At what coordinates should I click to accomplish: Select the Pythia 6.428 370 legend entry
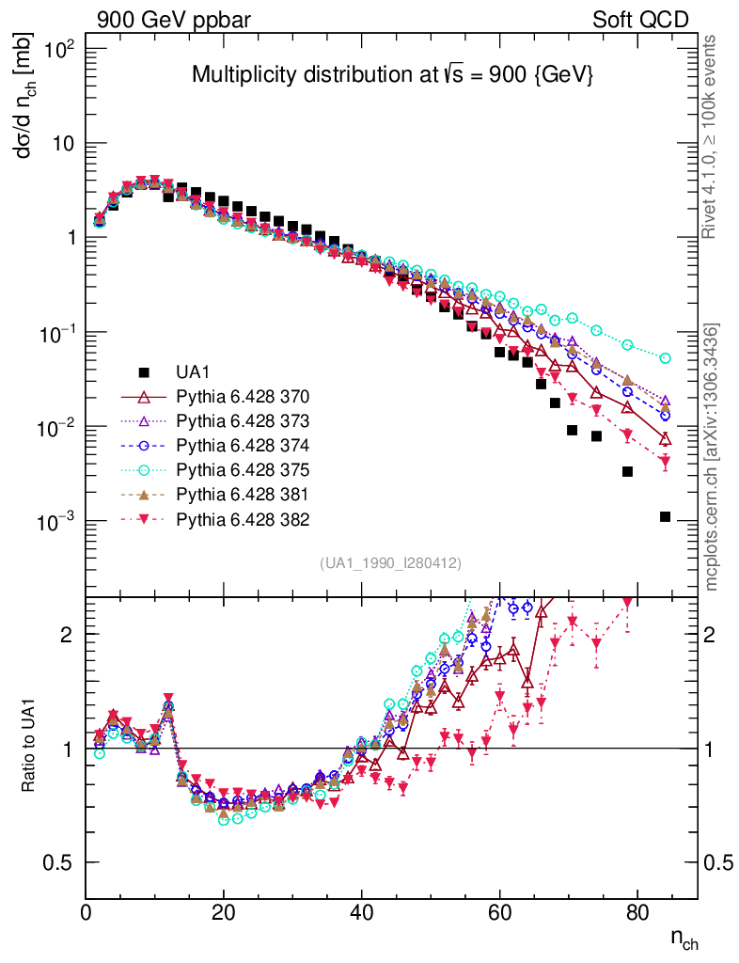[244, 396]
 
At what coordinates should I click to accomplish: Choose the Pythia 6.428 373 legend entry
[244, 420]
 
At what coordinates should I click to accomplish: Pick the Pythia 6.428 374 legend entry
[244, 445]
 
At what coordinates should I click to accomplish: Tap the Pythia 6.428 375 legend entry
[244, 469]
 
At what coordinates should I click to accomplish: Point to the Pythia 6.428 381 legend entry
[244, 494]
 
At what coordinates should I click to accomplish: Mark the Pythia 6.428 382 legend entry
[244, 518]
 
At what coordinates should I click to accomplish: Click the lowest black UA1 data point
[665, 516]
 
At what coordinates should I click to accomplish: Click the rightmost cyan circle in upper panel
[665, 358]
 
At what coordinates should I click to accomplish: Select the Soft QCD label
[640, 20]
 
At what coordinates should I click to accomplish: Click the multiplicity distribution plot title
[392, 75]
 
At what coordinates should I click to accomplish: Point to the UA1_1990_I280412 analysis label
[390, 563]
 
